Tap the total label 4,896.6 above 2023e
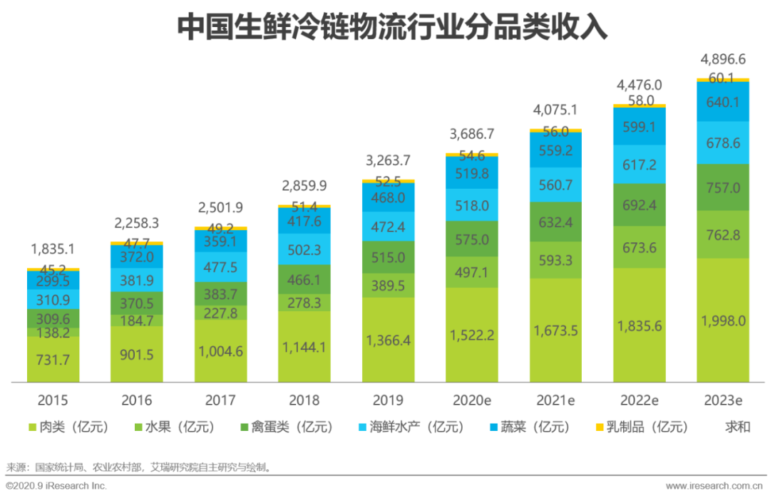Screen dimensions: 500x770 click(x=723, y=59)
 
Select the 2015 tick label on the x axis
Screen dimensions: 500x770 click(x=53, y=400)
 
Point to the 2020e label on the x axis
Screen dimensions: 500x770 click(x=472, y=400)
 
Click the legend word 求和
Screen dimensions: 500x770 click(x=738, y=427)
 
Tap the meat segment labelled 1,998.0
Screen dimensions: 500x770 click(x=723, y=321)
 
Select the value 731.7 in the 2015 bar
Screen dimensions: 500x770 click(x=53, y=360)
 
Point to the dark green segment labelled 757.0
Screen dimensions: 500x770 click(x=723, y=188)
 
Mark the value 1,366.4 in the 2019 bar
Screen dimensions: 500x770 click(x=388, y=340)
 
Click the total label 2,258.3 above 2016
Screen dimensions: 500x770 click(x=137, y=223)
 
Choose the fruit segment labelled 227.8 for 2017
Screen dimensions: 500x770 click(x=220, y=313)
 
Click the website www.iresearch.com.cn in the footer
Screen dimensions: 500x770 click(x=714, y=486)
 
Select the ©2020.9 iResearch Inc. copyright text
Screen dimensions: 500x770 click(x=56, y=486)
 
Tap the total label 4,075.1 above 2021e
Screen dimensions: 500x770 click(x=555, y=110)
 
